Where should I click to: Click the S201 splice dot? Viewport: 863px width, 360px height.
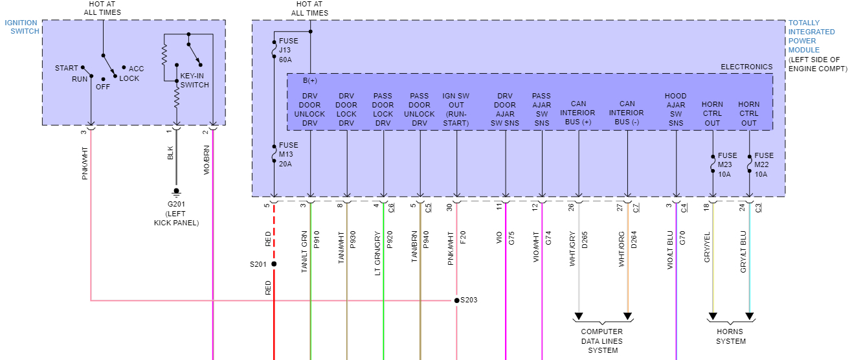click(x=274, y=264)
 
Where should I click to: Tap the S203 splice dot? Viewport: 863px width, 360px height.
click(x=456, y=300)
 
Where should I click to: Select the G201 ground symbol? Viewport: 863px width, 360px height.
click(x=175, y=192)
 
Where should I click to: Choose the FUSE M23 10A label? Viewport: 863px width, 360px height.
click(x=727, y=164)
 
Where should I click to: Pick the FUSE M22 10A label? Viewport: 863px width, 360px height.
click(x=764, y=164)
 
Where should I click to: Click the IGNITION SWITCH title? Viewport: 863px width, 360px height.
click(x=21, y=27)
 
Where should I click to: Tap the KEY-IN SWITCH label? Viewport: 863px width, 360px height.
click(x=194, y=80)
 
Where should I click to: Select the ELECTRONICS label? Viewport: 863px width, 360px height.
click(x=746, y=67)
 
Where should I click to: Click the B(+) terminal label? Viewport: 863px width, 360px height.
click(x=310, y=81)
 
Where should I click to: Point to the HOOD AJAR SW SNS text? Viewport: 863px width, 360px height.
click(x=676, y=109)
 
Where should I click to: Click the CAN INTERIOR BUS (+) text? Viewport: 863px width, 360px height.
click(x=578, y=113)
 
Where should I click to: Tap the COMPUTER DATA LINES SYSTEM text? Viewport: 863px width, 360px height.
click(x=603, y=341)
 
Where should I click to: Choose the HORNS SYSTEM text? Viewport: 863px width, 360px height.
click(x=731, y=337)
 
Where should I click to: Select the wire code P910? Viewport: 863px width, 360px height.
click(x=317, y=240)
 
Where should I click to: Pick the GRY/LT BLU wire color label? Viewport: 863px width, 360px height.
click(x=743, y=251)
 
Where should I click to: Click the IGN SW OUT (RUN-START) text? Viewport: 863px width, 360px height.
click(x=456, y=109)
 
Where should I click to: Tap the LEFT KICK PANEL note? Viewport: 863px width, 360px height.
click(x=175, y=218)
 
